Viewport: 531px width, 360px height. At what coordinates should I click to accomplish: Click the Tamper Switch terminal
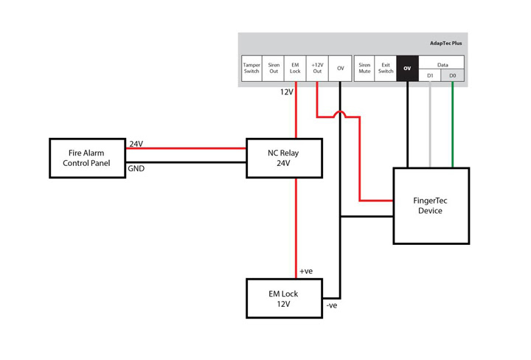(x=251, y=69)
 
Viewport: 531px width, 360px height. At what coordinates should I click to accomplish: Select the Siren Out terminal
(x=274, y=69)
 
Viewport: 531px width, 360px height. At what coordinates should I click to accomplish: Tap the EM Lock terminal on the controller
(x=295, y=69)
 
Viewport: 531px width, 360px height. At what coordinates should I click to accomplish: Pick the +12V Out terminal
(x=317, y=69)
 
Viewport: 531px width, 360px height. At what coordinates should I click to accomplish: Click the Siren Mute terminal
(x=364, y=69)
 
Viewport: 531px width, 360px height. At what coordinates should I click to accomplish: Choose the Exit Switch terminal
(x=386, y=69)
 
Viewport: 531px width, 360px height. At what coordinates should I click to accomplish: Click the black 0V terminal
(x=407, y=69)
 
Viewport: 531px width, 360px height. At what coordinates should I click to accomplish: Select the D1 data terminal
(x=430, y=75)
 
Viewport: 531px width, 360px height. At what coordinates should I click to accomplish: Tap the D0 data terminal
(x=453, y=75)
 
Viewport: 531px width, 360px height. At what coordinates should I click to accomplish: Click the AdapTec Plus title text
(x=446, y=44)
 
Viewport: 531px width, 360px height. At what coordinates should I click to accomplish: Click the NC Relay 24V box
(x=284, y=158)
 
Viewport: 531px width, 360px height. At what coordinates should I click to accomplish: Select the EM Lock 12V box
(x=284, y=298)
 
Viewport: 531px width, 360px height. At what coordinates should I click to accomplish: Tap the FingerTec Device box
(x=431, y=205)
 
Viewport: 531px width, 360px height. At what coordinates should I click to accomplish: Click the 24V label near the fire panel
(x=136, y=144)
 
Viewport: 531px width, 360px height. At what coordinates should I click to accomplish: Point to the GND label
(x=136, y=169)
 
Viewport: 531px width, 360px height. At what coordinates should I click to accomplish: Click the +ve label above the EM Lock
(x=306, y=271)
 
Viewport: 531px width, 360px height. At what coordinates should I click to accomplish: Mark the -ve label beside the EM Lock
(x=332, y=305)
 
